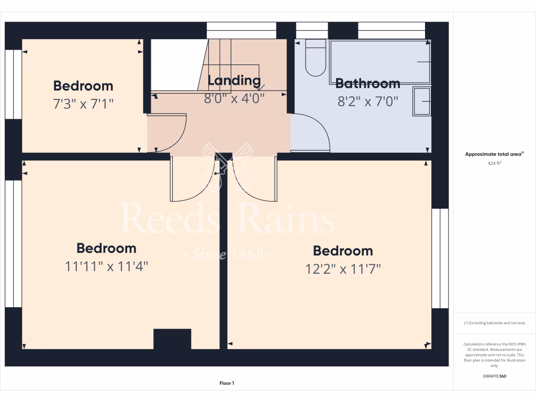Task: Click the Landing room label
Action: [x=234, y=81]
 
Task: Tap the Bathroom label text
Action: [x=367, y=83]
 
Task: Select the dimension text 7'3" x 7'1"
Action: [x=83, y=104]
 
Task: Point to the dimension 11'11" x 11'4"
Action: [x=107, y=266]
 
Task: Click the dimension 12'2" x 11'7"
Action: [x=343, y=269]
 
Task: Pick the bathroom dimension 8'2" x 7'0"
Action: [x=368, y=101]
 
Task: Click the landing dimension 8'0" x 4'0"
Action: [x=234, y=98]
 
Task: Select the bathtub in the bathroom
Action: [x=379, y=61]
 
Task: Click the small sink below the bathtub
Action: [x=421, y=101]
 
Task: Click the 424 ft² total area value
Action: [x=494, y=163]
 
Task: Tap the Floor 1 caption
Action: [x=227, y=383]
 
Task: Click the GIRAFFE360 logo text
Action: [x=494, y=376]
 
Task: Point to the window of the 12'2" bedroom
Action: [x=440, y=258]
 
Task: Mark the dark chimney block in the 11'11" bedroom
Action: [x=172, y=339]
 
